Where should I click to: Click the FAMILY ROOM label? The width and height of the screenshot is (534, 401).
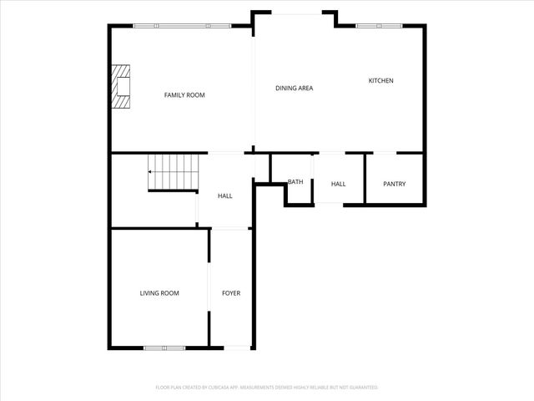(x=184, y=95)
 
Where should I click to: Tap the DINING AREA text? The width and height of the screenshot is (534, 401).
(x=295, y=88)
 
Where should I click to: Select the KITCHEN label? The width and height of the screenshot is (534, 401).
(x=380, y=81)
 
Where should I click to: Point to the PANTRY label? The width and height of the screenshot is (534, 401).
(x=394, y=184)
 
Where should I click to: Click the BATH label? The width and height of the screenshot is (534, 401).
(x=295, y=181)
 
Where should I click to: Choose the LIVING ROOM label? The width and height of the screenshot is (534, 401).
(x=159, y=293)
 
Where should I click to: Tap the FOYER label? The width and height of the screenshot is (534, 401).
(x=231, y=293)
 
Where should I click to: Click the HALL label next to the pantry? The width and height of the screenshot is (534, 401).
(x=338, y=184)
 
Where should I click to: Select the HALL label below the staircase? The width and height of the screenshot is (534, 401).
(x=225, y=195)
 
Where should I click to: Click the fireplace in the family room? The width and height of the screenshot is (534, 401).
(x=122, y=87)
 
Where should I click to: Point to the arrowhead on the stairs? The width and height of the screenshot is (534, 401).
(x=150, y=172)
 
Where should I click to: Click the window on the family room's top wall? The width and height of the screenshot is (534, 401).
(x=182, y=26)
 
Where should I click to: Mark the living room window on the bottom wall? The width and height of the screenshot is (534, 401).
(x=164, y=347)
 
